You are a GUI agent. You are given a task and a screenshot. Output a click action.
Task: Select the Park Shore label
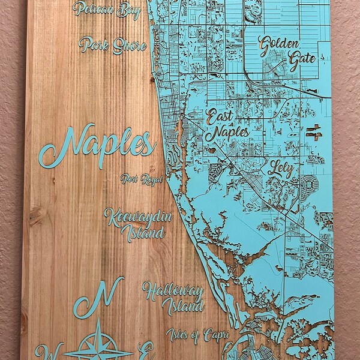(113, 45)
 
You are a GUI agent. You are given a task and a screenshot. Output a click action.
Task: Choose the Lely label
(281, 167)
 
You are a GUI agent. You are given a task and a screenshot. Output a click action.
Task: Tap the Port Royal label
(141, 179)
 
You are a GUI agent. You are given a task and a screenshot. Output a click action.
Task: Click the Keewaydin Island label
(135, 223)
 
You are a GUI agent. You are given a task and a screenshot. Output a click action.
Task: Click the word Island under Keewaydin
(143, 232)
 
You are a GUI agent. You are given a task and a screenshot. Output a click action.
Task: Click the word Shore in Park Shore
(128, 46)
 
